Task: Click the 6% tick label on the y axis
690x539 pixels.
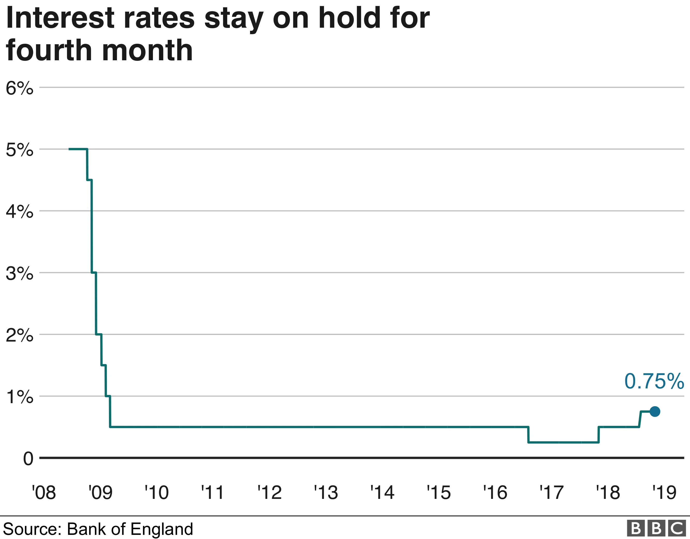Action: [x=19, y=88]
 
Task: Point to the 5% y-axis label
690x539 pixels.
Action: [x=19, y=150]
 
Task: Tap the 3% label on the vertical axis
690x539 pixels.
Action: [x=19, y=273]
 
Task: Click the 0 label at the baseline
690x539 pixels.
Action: [x=28, y=459]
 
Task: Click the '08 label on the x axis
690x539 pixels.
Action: [x=44, y=492]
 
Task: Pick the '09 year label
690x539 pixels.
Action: [x=100, y=492]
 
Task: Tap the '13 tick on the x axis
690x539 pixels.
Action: [x=326, y=492]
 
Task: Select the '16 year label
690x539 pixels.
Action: [x=495, y=492]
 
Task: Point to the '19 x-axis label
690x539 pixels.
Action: [x=664, y=492]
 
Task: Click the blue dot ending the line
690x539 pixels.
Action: [x=655, y=412]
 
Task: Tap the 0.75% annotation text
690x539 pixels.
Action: [x=654, y=381]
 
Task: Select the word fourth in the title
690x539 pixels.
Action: [x=49, y=50]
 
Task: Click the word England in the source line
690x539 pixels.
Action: [x=162, y=529]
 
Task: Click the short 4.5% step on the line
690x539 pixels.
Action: [x=89, y=180]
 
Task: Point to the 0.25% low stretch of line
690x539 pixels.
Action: [x=563, y=442]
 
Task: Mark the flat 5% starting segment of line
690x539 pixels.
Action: [x=78, y=149]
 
